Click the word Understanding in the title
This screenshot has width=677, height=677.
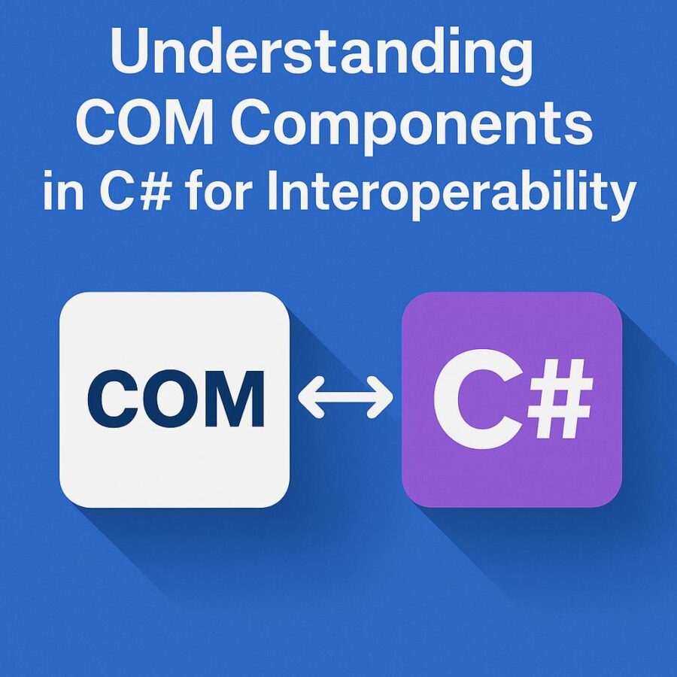pyautogui.click(x=322, y=54)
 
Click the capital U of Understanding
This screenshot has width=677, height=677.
pyautogui.click(x=132, y=52)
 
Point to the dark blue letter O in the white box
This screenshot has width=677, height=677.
pyautogui.click(x=171, y=399)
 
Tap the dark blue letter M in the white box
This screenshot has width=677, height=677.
pyautogui.click(x=234, y=399)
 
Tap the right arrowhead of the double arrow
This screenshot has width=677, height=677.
pyautogui.click(x=380, y=396)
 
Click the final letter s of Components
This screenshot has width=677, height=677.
pyautogui.click(x=576, y=128)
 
